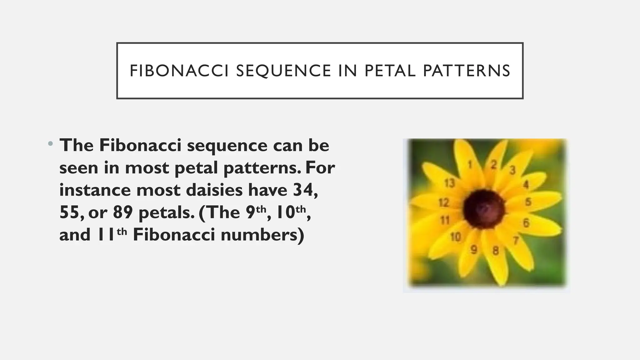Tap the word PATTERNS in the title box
(x=467, y=71)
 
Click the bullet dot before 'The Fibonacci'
(x=50, y=144)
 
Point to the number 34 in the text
(x=305, y=190)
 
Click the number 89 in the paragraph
(x=123, y=212)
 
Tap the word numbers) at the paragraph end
(x=262, y=235)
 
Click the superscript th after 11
(x=122, y=231)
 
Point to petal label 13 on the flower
(x=449, y=183)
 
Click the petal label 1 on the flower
(x=470, y=164)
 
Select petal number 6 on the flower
(x=526, y=223)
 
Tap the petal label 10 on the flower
(x=456, y=237)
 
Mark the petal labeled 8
(x=496, y=251)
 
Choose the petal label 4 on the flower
(x=526, y=185)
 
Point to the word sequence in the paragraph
(x=227, y=145)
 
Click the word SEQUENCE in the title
(x=283, y=71)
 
